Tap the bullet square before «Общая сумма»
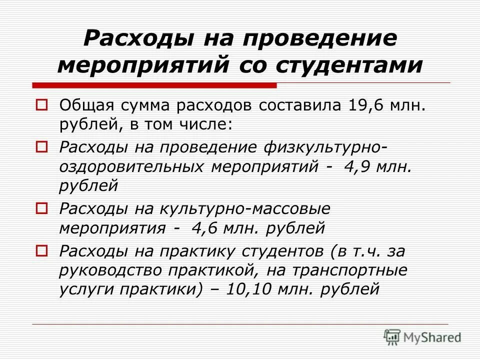coord(42,105)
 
